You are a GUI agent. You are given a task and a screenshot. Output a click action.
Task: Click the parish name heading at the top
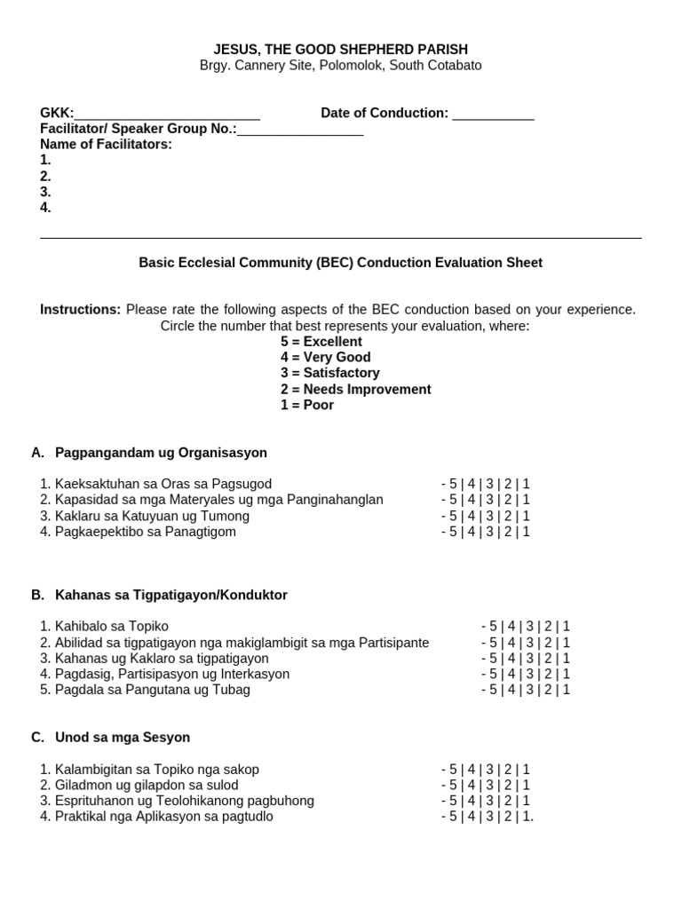coord(341,50)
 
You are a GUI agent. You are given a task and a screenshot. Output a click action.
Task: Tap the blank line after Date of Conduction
coord(493,114)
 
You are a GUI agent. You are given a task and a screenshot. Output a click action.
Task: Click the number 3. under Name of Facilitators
coord(45,192)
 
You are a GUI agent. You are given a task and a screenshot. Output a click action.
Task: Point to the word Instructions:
coord(80,310)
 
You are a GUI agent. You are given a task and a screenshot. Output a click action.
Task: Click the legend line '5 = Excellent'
coord(321,342)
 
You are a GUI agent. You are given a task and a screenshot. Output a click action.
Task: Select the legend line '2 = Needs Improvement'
coord(356,390)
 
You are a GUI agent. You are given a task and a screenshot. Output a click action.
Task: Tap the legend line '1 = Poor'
coord(307,406)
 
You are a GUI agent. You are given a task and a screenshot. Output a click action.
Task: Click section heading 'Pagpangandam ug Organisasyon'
coord(161,453)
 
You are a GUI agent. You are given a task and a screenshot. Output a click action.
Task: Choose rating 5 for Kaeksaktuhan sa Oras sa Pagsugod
coord(452,484)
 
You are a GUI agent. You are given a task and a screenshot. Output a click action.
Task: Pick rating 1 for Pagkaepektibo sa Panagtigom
coord(526,532)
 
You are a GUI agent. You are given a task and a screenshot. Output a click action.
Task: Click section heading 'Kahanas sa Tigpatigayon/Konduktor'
coord(171,595)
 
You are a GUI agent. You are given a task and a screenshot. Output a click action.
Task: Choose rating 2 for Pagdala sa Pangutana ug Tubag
coord(549,690)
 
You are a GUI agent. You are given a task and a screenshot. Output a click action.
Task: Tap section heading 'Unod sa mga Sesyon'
coord(123,738)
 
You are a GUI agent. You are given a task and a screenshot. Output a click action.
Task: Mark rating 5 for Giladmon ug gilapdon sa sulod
coord(452,786)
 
